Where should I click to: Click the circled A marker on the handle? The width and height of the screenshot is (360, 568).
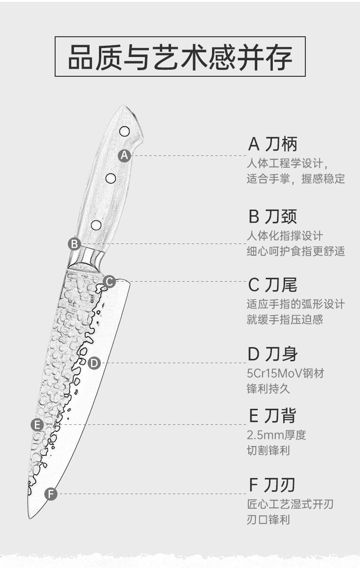tap(124, 155)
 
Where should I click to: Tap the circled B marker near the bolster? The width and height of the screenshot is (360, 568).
tap(74, 244)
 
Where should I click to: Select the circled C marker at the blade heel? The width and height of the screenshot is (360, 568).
tap(109, 282)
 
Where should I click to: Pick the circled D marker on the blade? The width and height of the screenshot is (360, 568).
tap(94, 363)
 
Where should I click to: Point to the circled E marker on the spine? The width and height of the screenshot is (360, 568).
tap(37, 425)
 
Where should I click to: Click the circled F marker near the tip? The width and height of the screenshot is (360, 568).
tap(51, 494)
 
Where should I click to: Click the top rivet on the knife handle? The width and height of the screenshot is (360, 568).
tap(125, 130)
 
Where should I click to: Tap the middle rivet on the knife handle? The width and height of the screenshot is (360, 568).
tap(111, 178)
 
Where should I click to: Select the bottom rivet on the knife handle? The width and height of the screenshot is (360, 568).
tap(96, 225)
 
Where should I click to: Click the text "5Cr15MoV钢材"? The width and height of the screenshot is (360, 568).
tap(286, 374)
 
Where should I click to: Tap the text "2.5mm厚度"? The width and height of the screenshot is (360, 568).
tap(276, 435)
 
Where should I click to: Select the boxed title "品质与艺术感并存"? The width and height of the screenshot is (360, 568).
tap(180, 57)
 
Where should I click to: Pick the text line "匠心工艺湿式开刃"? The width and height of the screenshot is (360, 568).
tap(290, 504)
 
